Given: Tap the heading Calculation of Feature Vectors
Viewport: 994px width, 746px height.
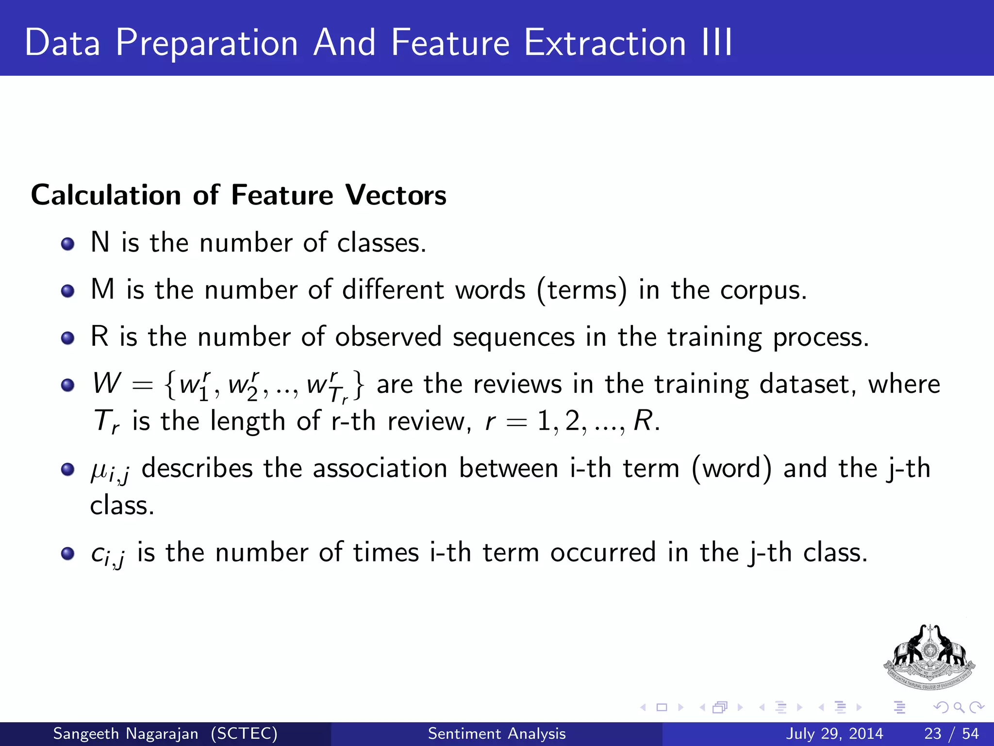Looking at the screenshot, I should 238,195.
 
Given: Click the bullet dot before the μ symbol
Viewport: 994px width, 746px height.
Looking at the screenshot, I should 68,469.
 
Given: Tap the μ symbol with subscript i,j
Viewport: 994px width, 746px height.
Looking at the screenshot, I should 110,470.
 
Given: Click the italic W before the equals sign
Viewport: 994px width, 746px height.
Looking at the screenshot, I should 106,383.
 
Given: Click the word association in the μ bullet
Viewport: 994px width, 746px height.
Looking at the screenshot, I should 380,469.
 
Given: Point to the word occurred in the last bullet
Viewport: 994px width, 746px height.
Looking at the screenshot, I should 602,553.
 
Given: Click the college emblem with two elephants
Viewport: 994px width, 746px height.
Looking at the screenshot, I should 929,657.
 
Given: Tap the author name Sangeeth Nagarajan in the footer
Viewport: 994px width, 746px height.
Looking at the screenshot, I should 126,733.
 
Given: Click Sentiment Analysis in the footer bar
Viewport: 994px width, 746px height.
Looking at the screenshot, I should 497,733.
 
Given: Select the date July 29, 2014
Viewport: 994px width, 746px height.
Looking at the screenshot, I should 834,733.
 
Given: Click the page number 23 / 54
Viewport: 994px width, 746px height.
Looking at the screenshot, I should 951,733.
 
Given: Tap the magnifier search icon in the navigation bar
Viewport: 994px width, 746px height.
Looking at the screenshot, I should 959,707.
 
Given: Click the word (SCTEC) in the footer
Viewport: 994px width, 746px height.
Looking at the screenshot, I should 244,733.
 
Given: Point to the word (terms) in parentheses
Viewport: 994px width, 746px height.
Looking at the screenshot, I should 582,290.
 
